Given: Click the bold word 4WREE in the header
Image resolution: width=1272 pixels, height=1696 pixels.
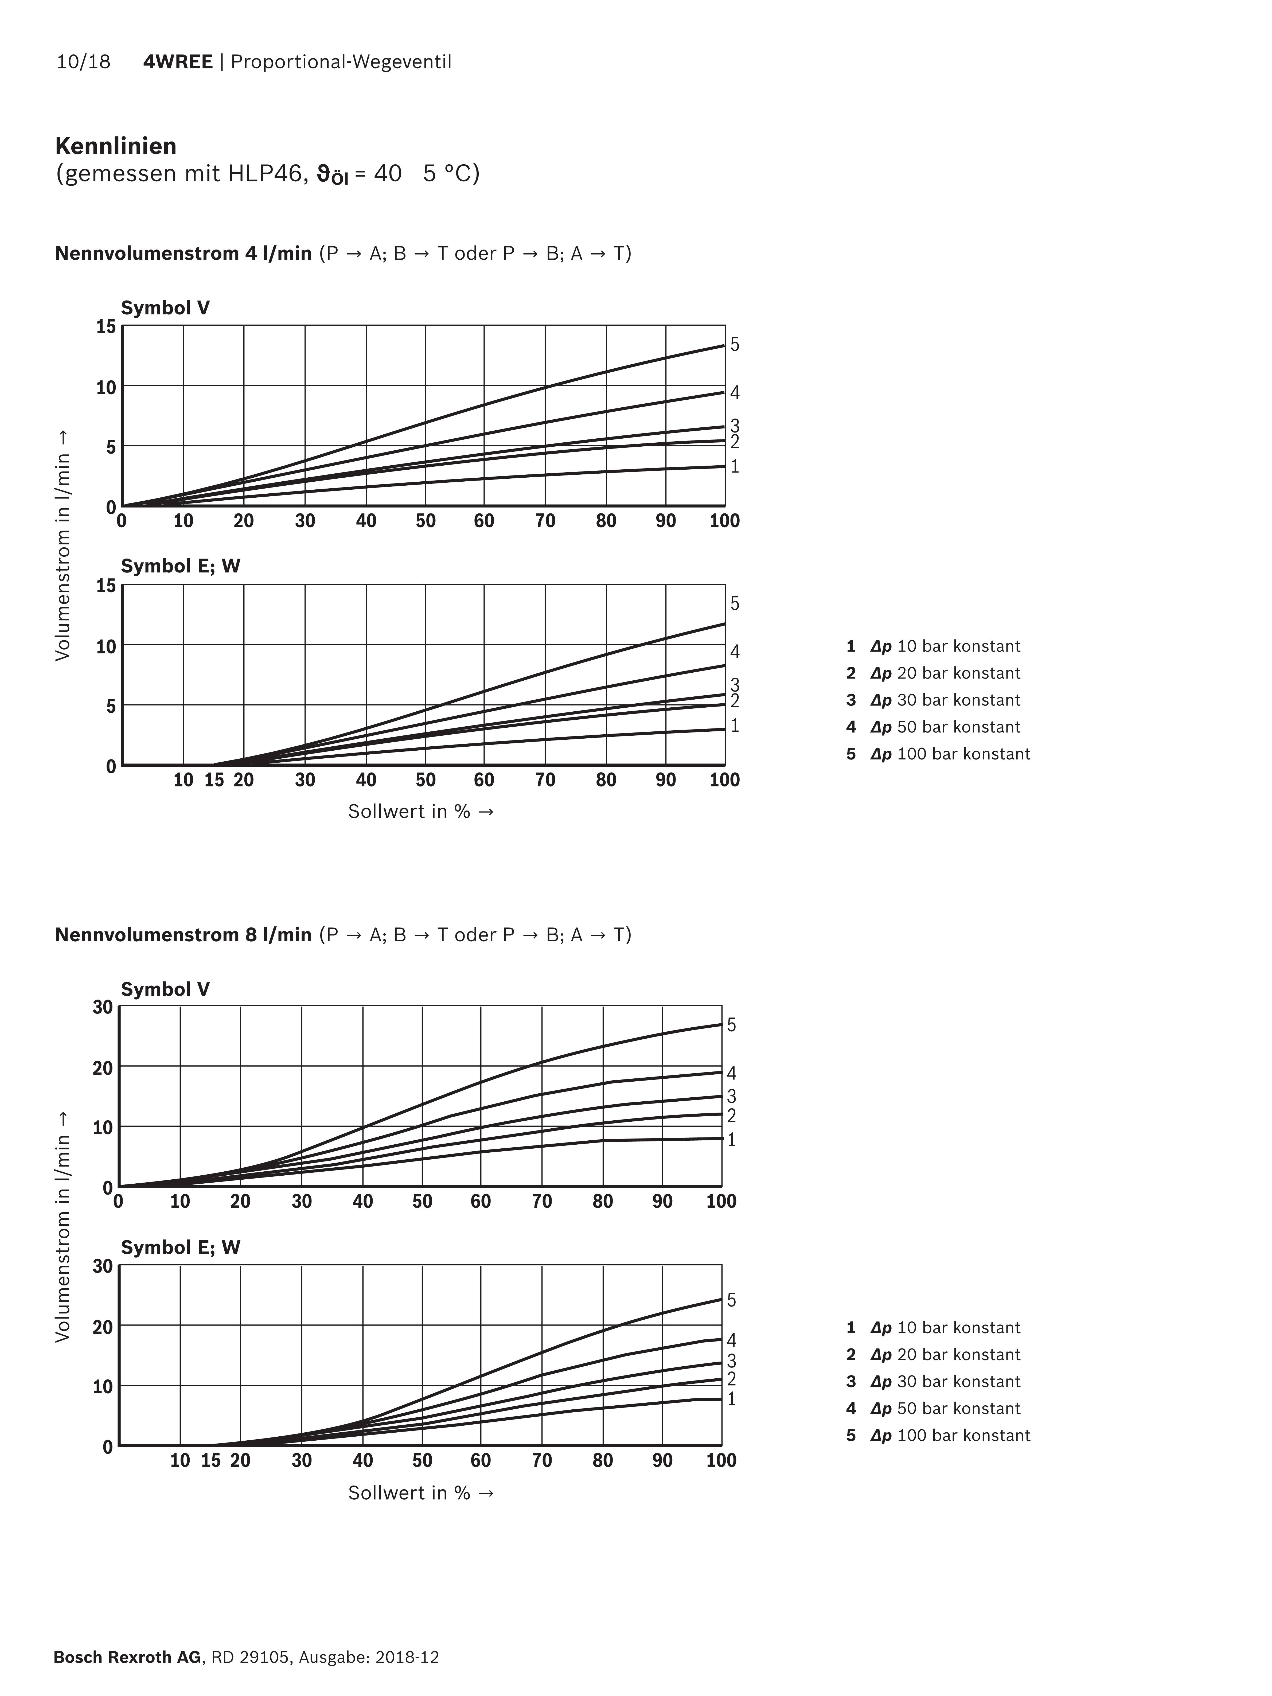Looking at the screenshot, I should coord(178,62).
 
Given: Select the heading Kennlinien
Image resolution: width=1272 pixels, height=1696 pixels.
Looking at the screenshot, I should coord(116,146).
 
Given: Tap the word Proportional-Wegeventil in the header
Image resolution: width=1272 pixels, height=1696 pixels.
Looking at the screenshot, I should coord(341,62).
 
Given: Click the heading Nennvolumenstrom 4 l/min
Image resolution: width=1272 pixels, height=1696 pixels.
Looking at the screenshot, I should coord(183,253).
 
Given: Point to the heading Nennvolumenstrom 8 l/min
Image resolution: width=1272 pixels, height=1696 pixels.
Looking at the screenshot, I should coord(183,935).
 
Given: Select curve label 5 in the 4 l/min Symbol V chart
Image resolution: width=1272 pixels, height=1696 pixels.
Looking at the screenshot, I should coord(735,344).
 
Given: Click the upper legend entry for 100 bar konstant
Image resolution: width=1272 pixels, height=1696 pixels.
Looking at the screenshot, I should coord(938,754).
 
